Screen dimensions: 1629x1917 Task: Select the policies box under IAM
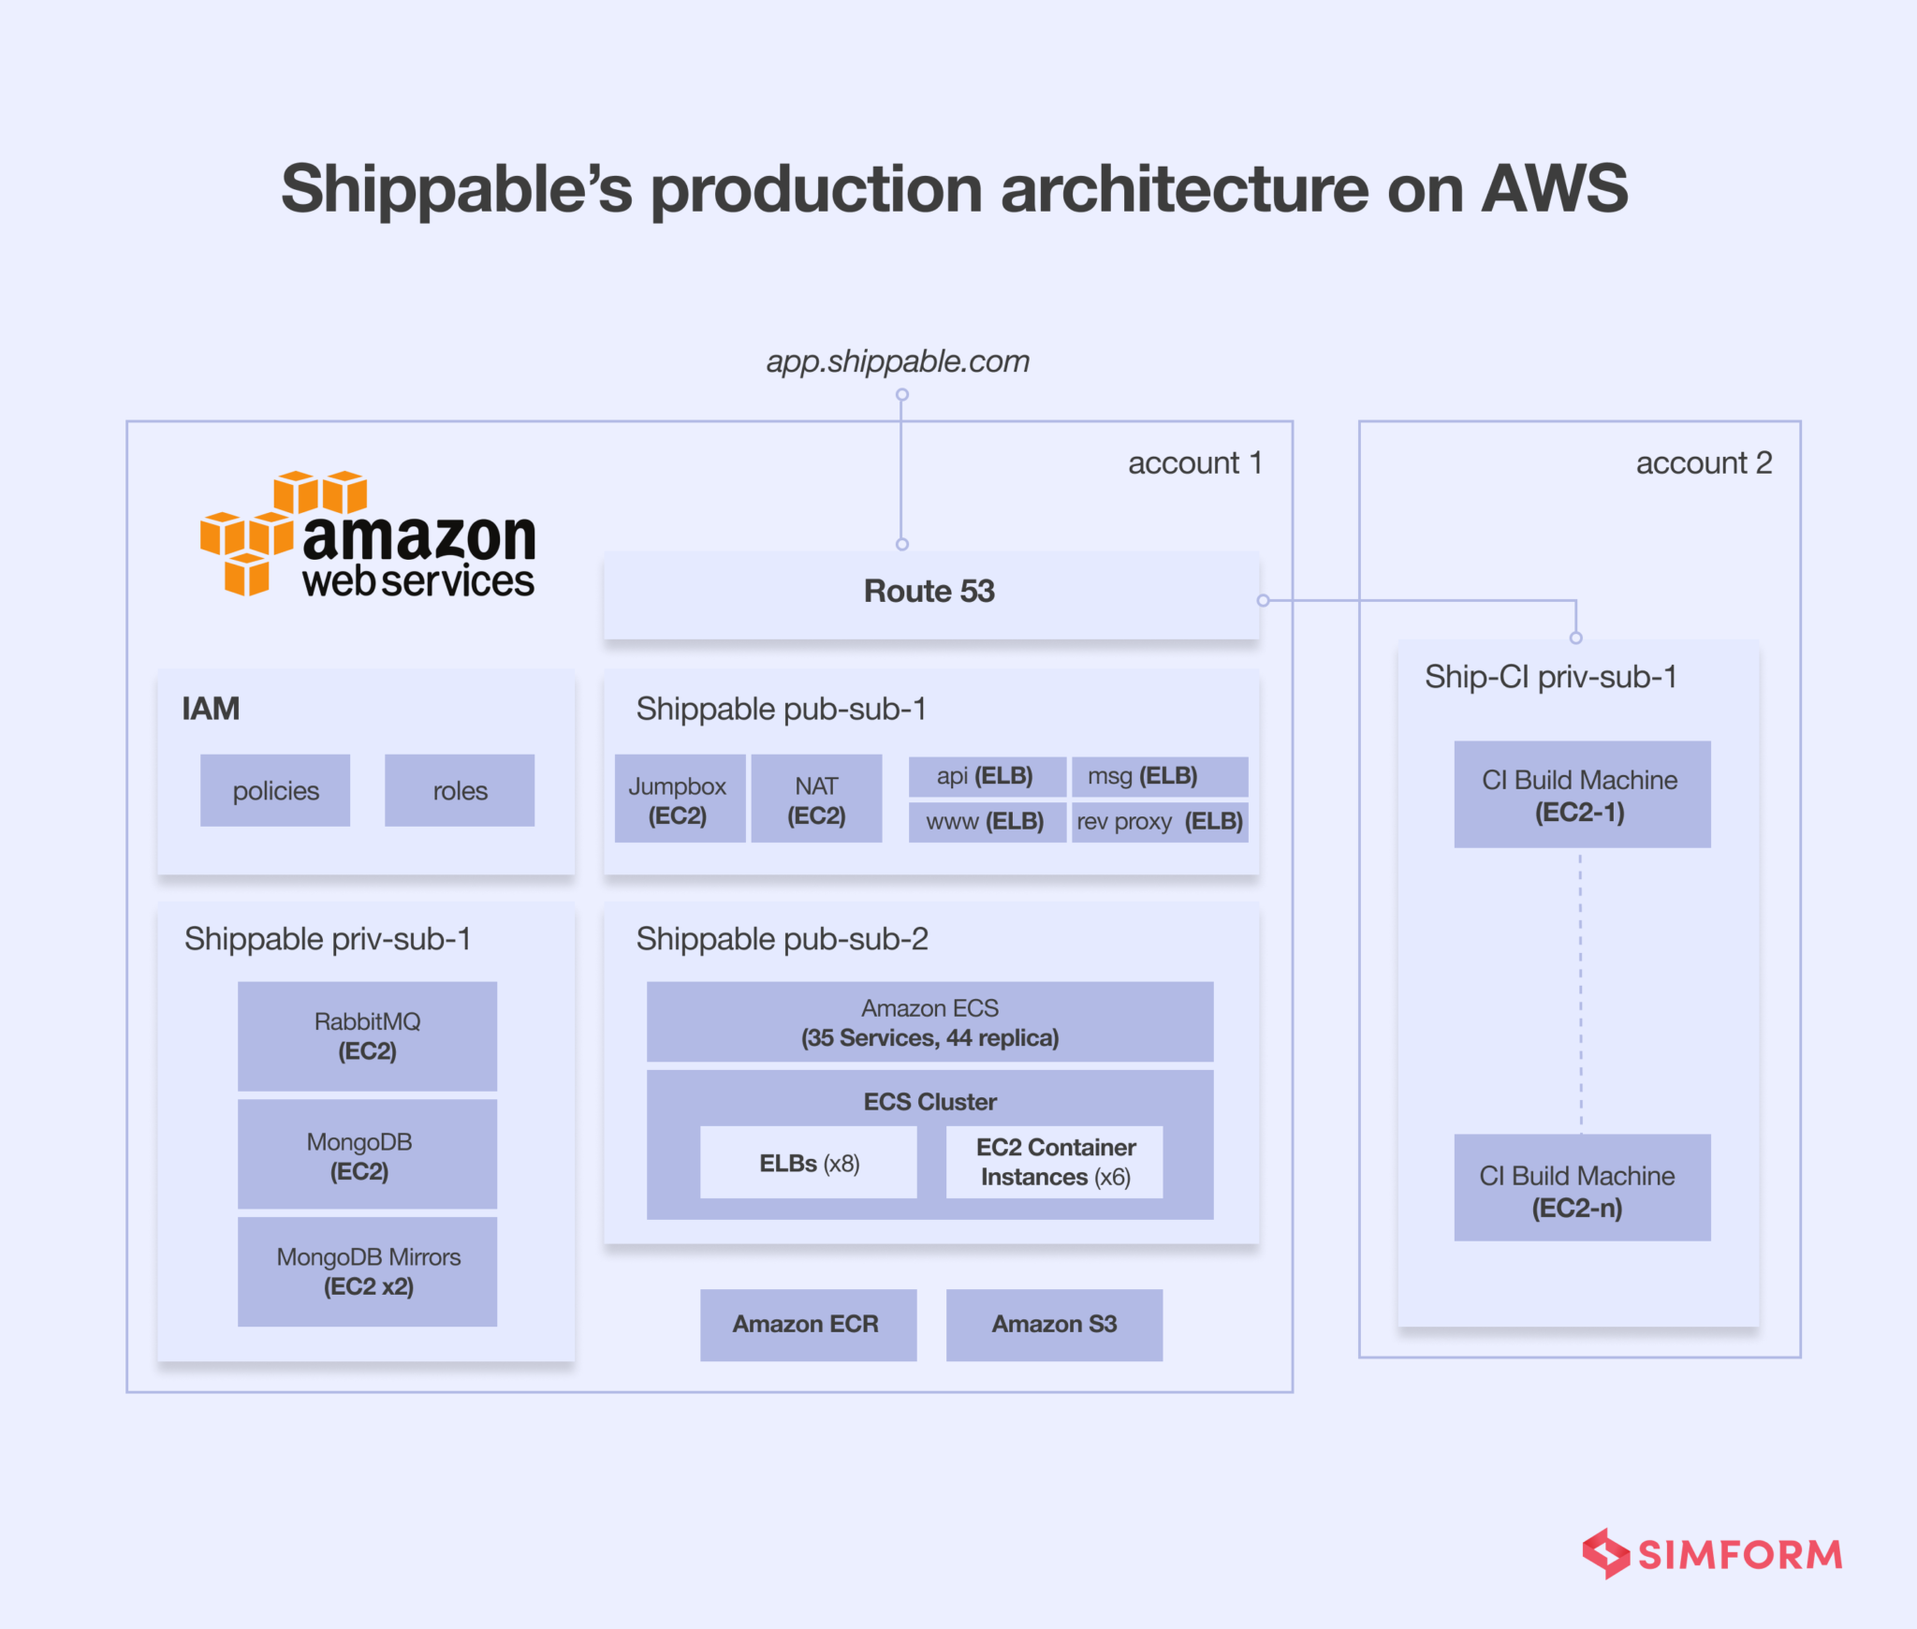tap(275, 790)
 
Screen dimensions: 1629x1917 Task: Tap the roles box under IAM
tap(460, 790)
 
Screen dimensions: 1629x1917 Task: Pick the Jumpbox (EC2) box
tap(679, 800)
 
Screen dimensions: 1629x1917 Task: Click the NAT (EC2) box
tap(816, 800)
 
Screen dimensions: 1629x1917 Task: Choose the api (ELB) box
tap(986, 776)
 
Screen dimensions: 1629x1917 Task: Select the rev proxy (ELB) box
tap(1160, 822)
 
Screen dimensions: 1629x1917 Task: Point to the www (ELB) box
tap(986, 822)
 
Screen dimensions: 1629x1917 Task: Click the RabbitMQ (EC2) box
tap(367, 1035)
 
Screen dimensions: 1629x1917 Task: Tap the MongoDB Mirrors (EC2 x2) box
tap(367, 1270)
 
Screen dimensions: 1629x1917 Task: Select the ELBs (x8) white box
tap(809, 1163)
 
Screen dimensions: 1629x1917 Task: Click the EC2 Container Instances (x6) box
tap(1055, 1162)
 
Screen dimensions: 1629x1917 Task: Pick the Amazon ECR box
tap(807, 1324)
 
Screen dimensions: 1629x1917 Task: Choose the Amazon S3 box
tap(1054, 1324)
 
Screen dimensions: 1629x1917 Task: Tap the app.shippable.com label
tap(898, 361)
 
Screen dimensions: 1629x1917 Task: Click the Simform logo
tap(1711, 1554)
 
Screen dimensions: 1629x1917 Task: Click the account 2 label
tap(1704, 462)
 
